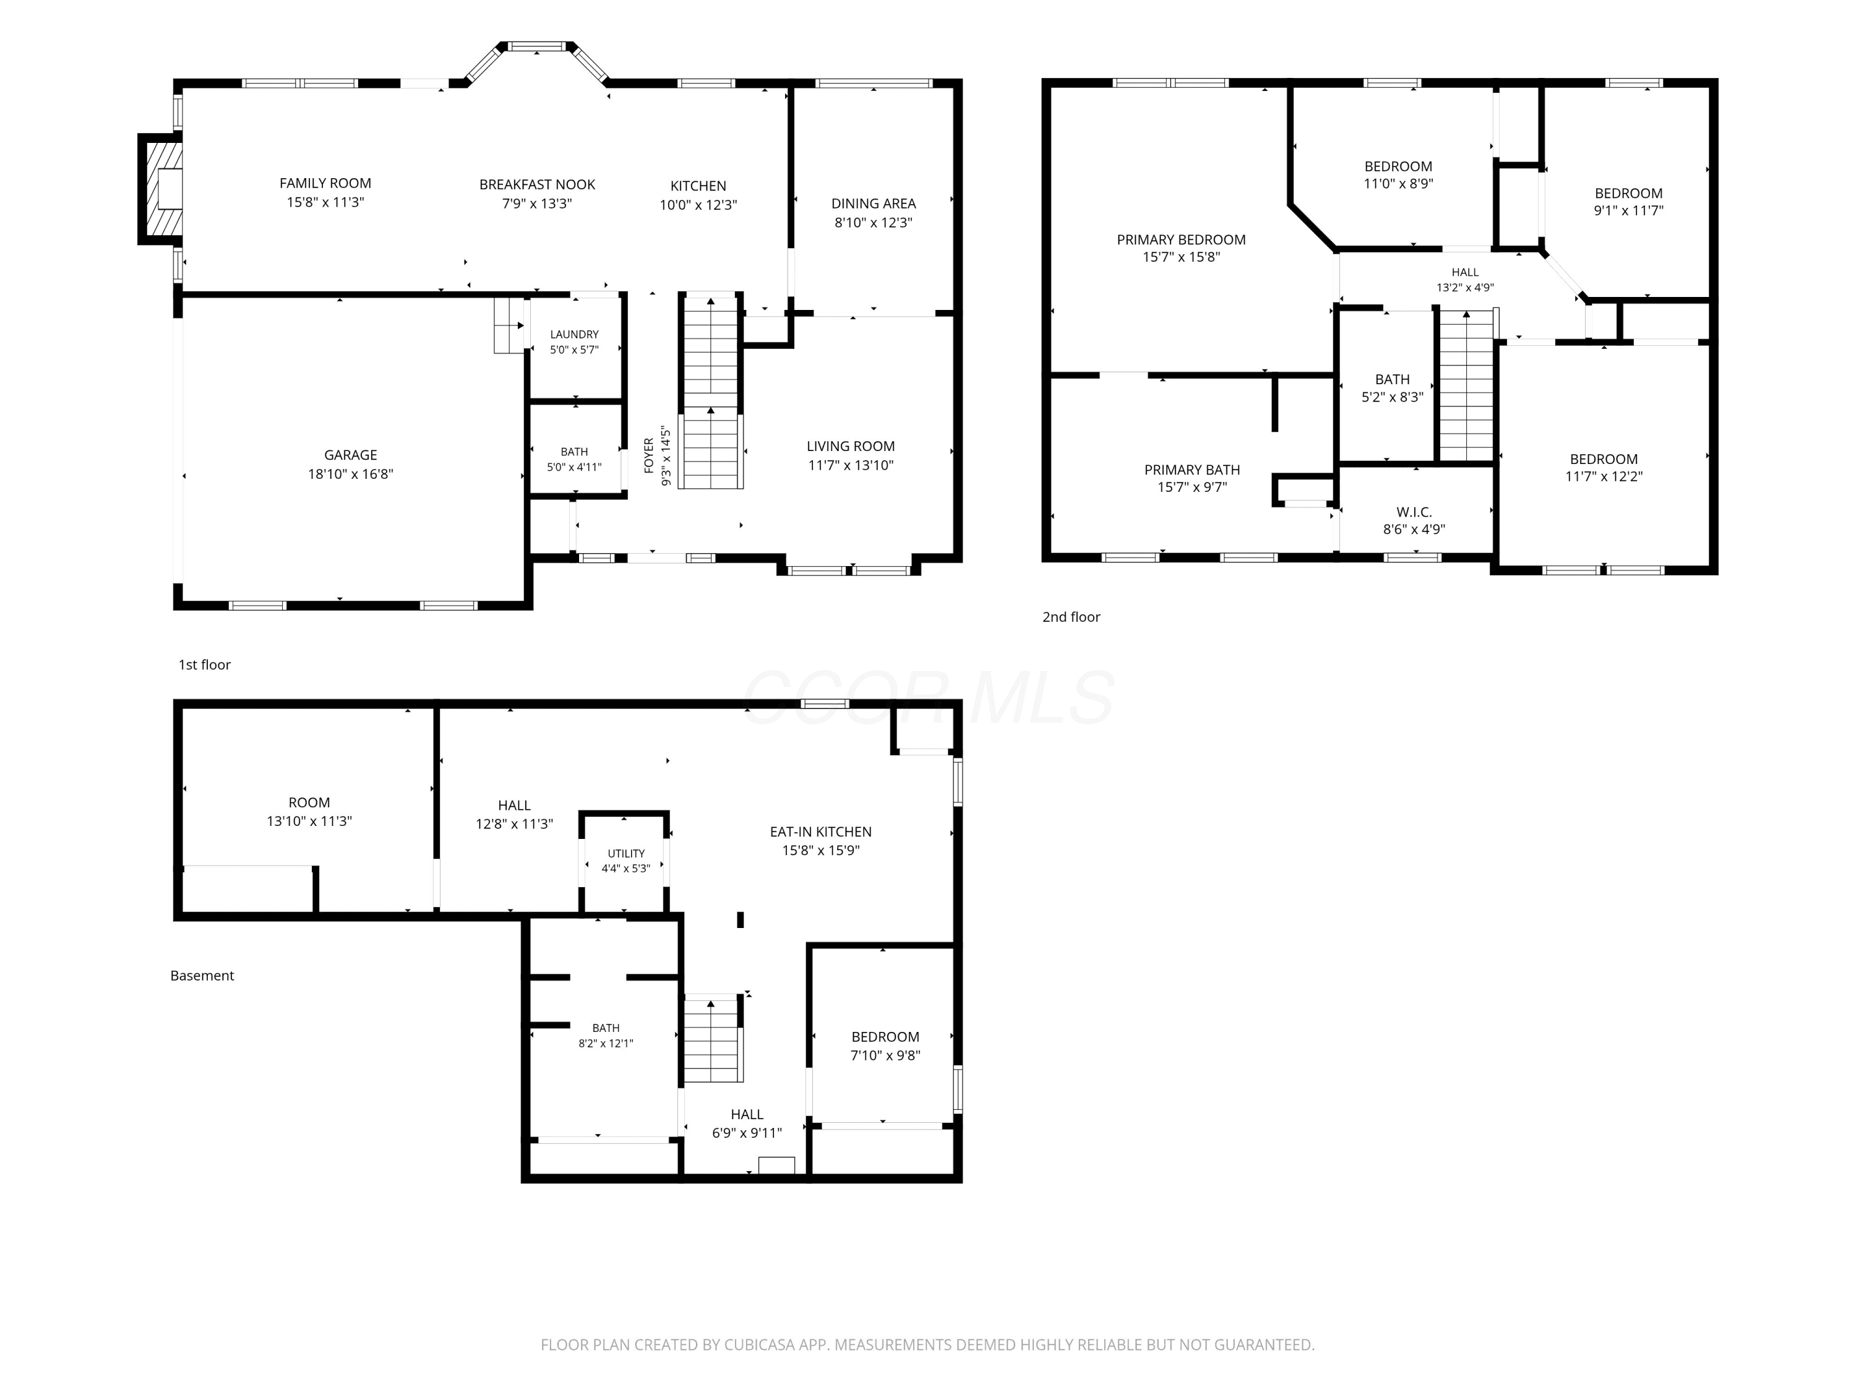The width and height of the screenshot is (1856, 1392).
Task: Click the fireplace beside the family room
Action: (x=160, y=189)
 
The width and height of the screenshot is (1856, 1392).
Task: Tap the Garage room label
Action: (x=351, y=455)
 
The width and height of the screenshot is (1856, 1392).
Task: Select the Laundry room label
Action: (x=575, y=334)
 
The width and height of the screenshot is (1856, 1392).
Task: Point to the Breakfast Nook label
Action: (x=537, y=184)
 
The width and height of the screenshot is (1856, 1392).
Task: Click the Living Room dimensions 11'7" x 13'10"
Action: (x=851, y=465)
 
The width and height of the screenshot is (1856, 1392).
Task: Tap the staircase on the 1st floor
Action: (x=711, y=390)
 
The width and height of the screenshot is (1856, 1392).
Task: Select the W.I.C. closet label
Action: (x=1414, y=512)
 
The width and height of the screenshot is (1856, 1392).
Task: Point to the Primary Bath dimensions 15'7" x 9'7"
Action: (x=1192, y=487)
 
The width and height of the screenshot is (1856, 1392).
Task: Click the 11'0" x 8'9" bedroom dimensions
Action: (x=1398, y=183)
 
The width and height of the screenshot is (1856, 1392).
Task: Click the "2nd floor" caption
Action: (x=1071, y=617)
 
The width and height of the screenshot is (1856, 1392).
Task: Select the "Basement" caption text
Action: (x=202, y=975)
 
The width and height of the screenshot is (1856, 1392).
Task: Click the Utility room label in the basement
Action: (x=627, y=853)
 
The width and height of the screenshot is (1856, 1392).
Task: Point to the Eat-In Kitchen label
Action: (x=820, y=831)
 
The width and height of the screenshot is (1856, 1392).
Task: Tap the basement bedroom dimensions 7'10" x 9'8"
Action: (x=885, y=1055)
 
